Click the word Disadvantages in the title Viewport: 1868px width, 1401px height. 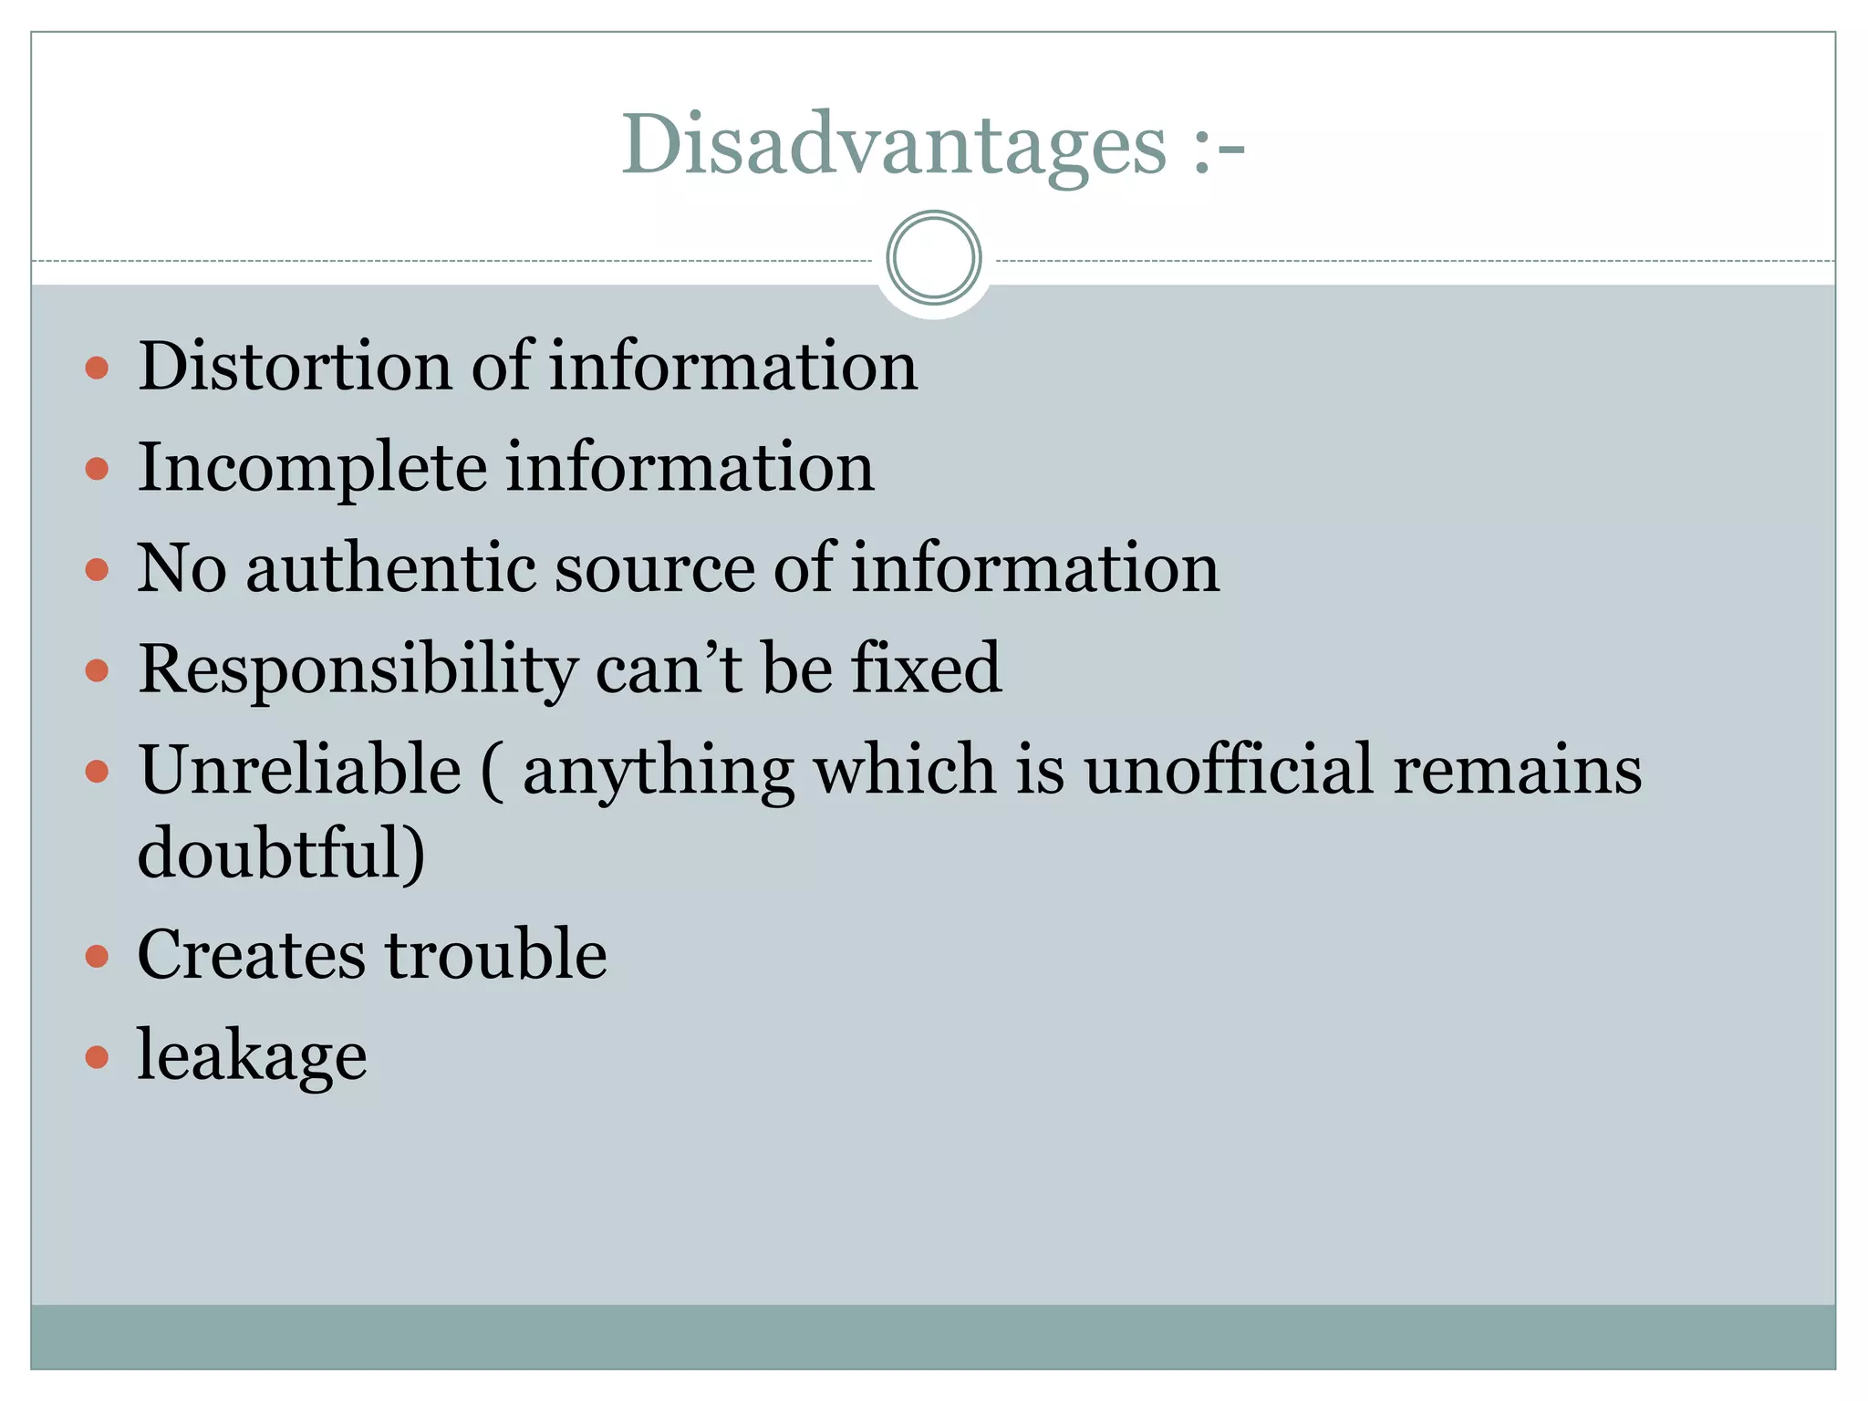pyautogui.click(x=893, y=145)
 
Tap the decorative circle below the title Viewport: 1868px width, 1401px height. pyautogui.click(x=933, y=258)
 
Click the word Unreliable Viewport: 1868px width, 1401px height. pyautogui.click(x=299, y=770)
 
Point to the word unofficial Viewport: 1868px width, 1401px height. pyautogui.click(x=1228, y=770)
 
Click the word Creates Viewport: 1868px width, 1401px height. pyautogui.click(x=251, y=955)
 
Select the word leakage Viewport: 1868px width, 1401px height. pyautogui.click(x=252, y=1057)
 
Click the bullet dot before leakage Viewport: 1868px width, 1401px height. pyautogui.click(x=97, y=1057)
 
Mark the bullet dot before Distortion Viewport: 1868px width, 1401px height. pyautogui.click(x=97, y=368)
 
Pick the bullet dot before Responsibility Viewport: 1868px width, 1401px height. pyautogui.click(x=97, y=671)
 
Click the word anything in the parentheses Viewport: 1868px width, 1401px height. pyautogui.click(x=658, y=772)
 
